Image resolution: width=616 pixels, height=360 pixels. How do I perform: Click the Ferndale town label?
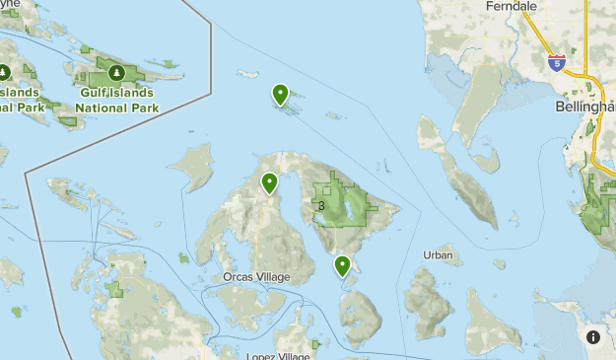point(511,6)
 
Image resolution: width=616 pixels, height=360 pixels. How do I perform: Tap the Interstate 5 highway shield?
point(557,62)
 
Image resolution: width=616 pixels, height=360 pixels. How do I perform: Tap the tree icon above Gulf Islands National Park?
point(116,73)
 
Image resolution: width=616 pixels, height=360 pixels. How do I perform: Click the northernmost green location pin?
point(281,96)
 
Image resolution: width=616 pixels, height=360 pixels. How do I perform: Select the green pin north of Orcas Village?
point(269,182)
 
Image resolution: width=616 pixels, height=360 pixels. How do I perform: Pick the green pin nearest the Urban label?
point(342,265)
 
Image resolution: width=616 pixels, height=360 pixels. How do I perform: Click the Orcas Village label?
point(256,277)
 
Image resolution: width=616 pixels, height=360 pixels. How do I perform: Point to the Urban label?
point(438,255)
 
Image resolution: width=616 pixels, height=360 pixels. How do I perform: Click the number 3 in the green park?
point(321,206)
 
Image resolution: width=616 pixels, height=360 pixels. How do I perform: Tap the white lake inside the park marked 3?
point(346,206)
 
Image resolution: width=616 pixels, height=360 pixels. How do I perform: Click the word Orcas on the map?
point(238,277)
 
